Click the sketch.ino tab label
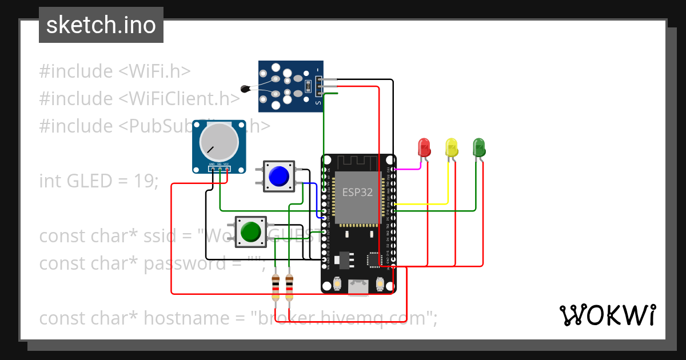(101, 25)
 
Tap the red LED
(424, 147)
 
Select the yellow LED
(451, 147)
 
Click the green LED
(478, 147)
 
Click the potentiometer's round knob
(217, 143)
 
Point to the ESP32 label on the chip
(357, 193)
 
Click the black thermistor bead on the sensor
(245, 89)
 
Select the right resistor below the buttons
(289, 287)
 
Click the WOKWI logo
(607, 315)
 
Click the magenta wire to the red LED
(409, 169)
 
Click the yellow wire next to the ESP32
(423, 203)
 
